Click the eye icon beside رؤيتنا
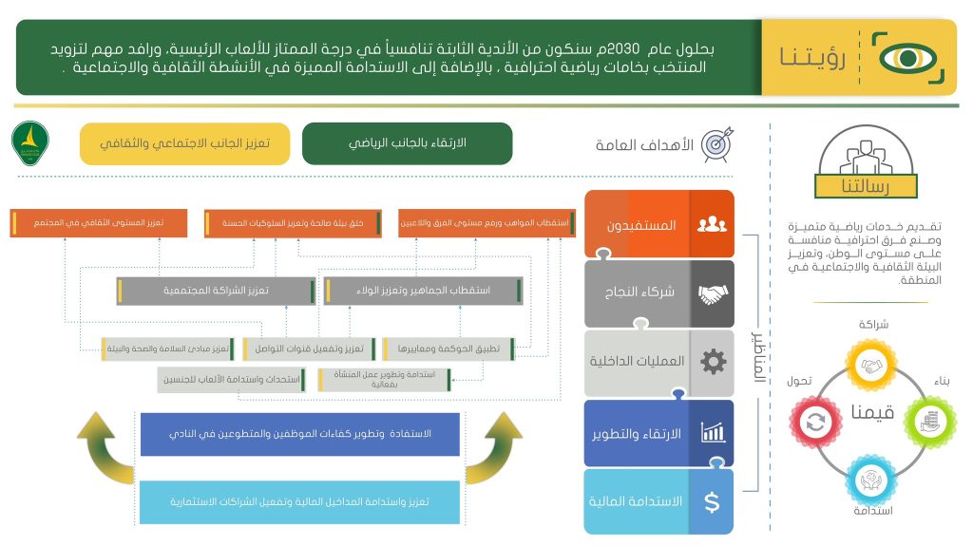906,58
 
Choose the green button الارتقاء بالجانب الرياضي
407,143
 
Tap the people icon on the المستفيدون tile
711,225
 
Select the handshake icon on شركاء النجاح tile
711,294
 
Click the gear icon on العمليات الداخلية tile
711,362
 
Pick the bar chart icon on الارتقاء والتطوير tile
711,433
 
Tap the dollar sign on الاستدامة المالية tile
711,500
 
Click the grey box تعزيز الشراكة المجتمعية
215,291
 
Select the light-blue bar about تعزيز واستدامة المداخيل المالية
299,501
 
